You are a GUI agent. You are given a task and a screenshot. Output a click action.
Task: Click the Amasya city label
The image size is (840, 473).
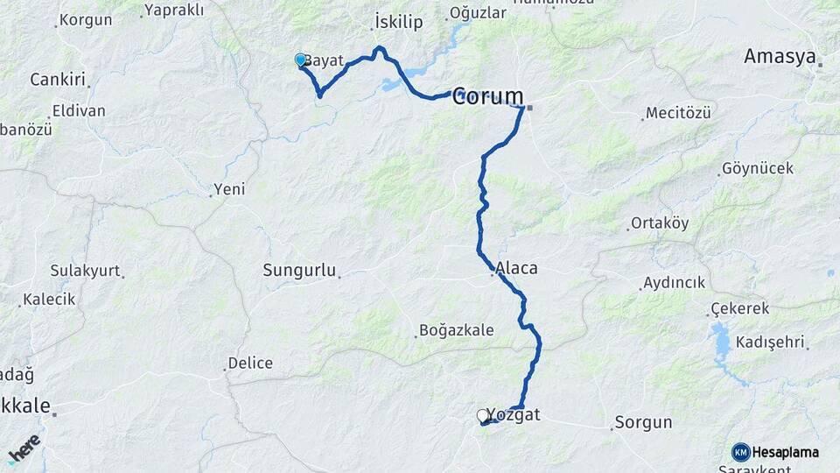[780, 57]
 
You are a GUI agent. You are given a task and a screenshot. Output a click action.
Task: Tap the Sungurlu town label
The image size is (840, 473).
[299, 271]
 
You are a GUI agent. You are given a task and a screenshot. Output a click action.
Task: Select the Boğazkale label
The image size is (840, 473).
[457, 330]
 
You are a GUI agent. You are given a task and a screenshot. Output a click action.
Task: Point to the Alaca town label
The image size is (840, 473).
[516, 268]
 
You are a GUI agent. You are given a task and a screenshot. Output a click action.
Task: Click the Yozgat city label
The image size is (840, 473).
[514, 415]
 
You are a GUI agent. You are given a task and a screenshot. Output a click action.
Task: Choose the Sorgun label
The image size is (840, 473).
[643, 421]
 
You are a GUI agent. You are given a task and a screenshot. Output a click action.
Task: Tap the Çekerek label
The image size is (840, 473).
[740, 308]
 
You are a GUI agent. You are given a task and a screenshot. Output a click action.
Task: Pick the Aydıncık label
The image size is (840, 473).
[674, 283]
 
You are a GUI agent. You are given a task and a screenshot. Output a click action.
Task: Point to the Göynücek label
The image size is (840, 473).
[758, 168]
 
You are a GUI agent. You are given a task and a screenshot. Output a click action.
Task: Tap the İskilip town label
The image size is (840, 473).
[399, 20]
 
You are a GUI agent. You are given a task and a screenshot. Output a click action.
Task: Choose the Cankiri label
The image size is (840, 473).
[58, 80]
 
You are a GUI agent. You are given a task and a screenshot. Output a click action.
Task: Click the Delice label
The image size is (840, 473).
[250, 363]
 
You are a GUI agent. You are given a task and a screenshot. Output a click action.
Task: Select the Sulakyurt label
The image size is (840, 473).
[85, 270]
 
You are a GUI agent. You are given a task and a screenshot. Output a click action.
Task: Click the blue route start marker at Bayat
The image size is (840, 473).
[301, 60]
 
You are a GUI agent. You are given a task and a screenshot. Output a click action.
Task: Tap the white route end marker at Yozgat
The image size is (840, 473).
[482, 416]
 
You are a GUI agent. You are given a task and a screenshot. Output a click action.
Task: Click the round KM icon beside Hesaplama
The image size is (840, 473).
[741, 452]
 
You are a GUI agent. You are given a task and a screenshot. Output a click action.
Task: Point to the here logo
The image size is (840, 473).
[23, 448]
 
